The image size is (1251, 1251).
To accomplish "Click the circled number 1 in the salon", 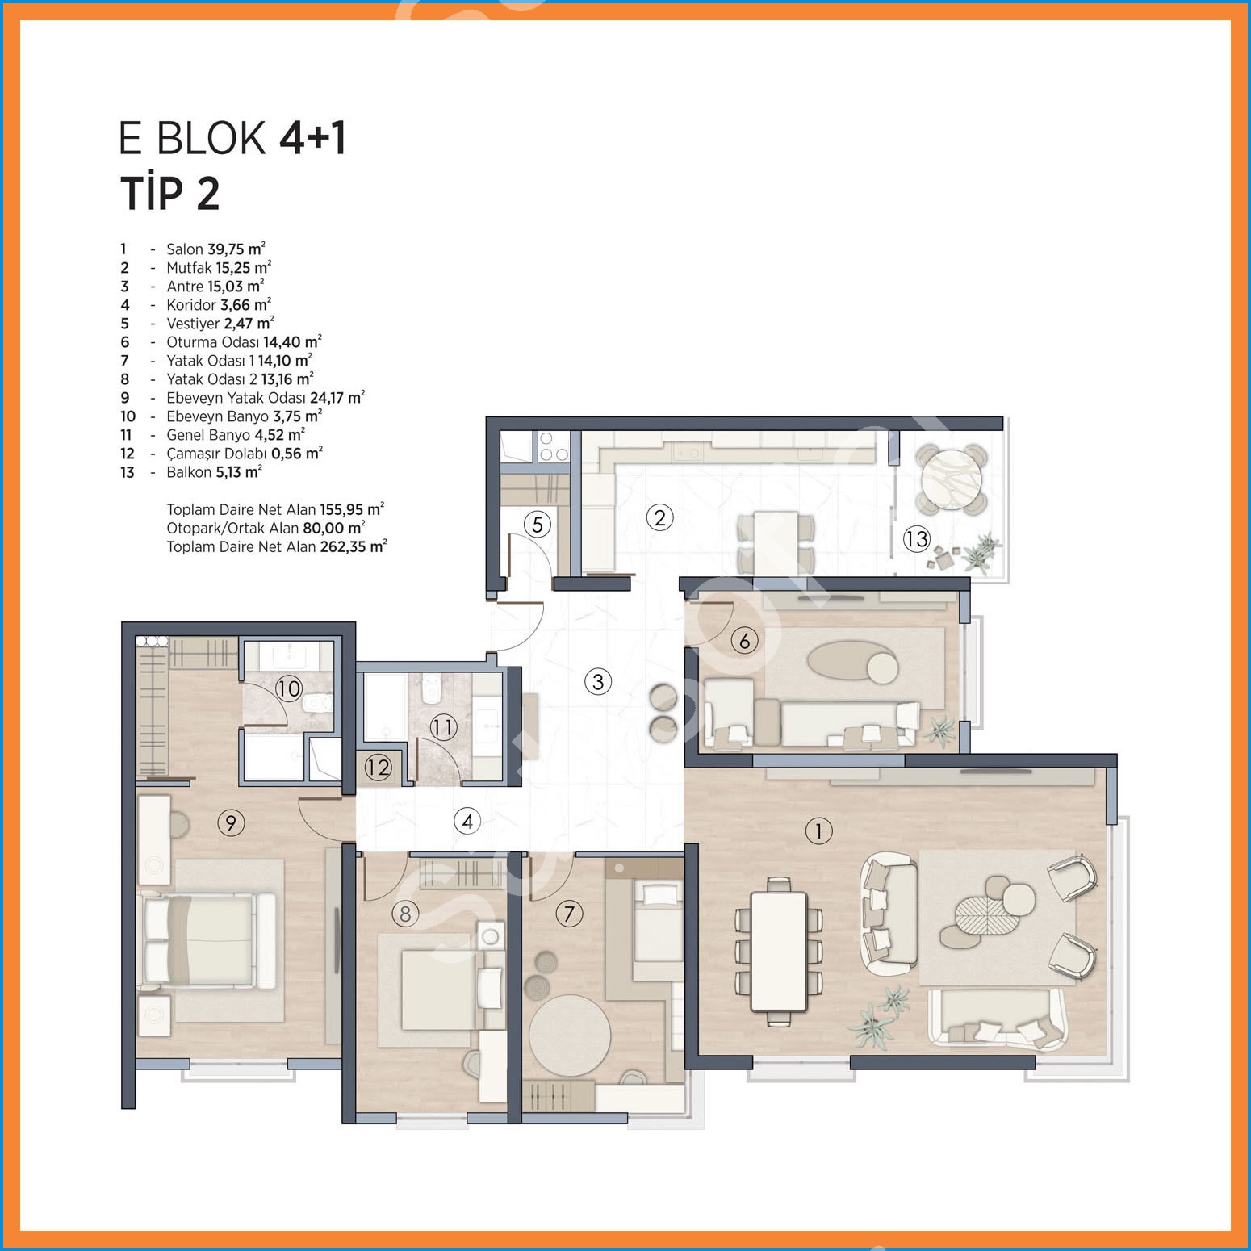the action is click(x=818, y=831).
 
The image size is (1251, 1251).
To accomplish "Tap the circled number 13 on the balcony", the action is click(x=917, y=538).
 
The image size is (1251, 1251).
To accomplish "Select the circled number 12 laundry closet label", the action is click(x=378, y=767).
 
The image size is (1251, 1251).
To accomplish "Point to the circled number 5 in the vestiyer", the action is click(x=538, y=525).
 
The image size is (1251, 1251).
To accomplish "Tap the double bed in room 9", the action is click(x=207, y=941).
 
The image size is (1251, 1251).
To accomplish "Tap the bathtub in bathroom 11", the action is click(x=385, y=707).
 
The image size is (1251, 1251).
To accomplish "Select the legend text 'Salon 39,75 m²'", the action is click(x=215, y=249).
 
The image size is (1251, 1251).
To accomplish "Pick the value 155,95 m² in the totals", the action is click(x=352, y=509).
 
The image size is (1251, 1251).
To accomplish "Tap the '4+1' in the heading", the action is click(x=313, y=137).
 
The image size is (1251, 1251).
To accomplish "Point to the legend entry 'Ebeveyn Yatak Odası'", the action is click(x=236, y=398).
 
